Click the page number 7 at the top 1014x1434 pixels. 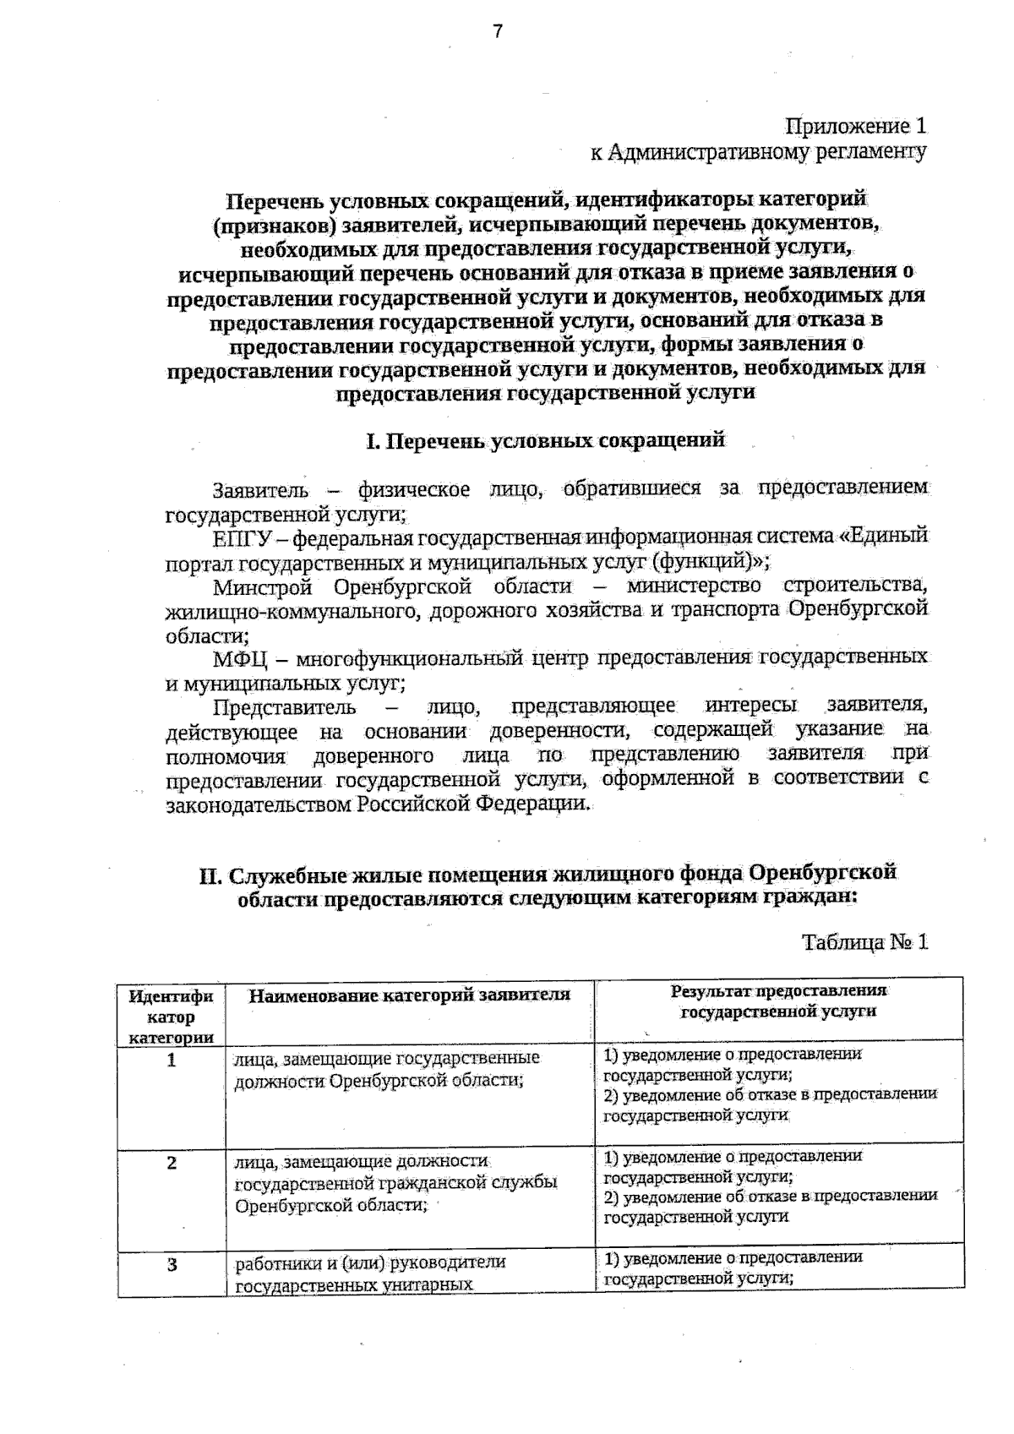coord(498,32)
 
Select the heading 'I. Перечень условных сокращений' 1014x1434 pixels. coord(545,440)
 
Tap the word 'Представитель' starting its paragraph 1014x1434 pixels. coord(285,706)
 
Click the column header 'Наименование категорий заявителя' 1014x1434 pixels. coord(410,995)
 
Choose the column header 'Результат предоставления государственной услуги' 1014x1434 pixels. coord(778,1001)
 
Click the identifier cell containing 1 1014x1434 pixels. coord(172,1060)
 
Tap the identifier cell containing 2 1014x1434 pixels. coord(172,1163)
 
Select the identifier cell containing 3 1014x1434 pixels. coord(172,1265)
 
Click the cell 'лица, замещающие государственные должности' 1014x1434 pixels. coord(387,1069)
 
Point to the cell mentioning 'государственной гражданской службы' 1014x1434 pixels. coord(395,1182)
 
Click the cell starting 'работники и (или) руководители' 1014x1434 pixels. coord(370,1273)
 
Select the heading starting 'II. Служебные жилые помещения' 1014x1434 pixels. coord(547,885)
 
